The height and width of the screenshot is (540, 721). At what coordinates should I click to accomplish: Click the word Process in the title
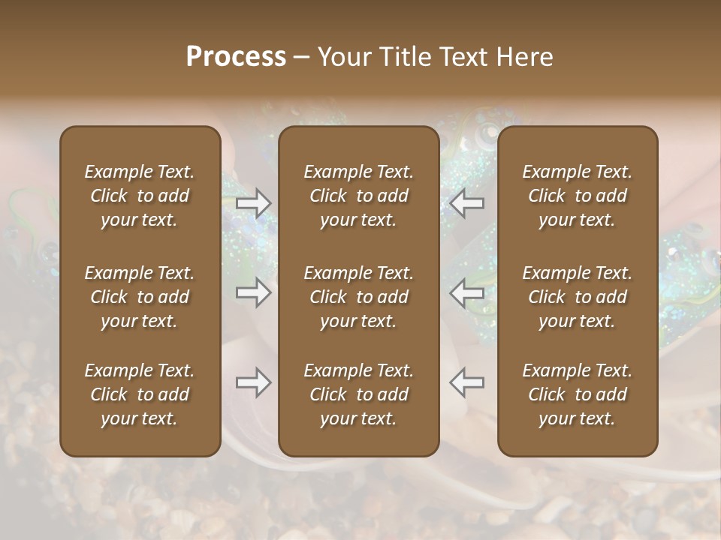(236, 57)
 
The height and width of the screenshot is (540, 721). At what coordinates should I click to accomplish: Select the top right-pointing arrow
(253, 202)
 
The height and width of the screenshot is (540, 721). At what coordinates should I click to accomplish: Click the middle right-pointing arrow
(253, 292)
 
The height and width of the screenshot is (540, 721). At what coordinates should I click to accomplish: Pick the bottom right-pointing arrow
(253, 382)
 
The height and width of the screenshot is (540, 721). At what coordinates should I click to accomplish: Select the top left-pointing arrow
(466, 202)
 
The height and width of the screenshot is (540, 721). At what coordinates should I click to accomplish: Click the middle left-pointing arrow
(466, 292)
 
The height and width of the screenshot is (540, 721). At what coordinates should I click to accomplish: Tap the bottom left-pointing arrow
(466, 382)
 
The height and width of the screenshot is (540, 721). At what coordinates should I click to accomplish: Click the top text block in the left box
(140, 196)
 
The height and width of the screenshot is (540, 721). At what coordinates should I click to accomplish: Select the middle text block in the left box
(140, 297)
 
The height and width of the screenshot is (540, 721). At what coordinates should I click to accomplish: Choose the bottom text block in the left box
(140, 394)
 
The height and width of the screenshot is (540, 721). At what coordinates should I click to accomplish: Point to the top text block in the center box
(359, 196)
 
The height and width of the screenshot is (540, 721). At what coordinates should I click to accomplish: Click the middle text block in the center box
(359, 297)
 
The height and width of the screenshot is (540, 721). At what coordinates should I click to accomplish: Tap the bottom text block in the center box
(359, 394)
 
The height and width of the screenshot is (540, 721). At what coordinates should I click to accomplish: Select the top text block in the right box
(578, 196)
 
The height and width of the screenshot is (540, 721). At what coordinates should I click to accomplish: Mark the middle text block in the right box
(578, 297)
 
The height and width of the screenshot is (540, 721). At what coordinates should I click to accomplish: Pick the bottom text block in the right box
(578, 394)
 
